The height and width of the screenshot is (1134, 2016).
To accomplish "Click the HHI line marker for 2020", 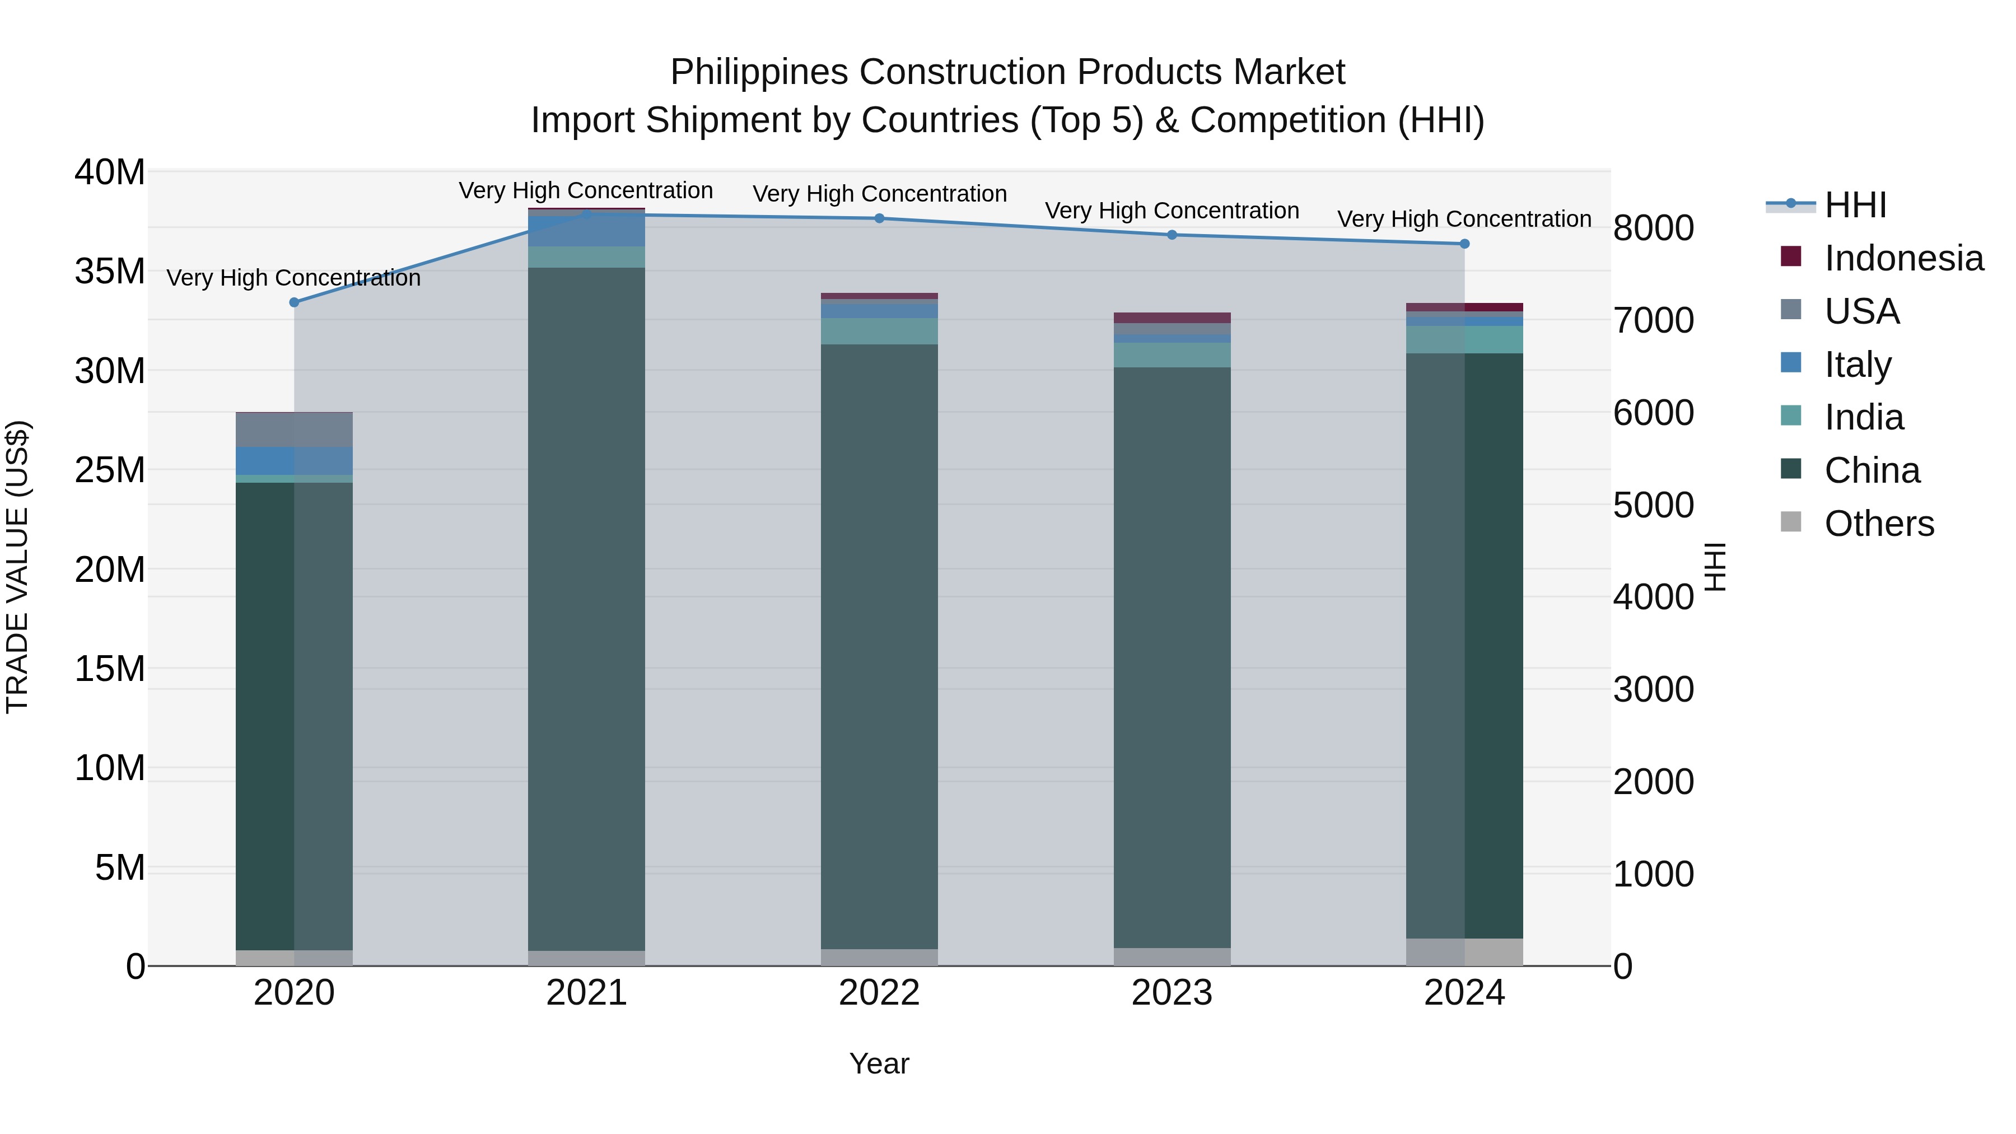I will [x=294, y=302].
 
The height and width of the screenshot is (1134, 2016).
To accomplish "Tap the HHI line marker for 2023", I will [x=1172, y=235].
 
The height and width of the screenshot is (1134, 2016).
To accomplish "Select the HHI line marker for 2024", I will [x=1464, y=244].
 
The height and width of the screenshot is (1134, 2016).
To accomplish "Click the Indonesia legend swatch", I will [x=1791, y=256].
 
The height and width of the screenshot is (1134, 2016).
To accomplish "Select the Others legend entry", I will [x=1878, y=524].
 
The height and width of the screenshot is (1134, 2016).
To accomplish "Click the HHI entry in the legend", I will [x=1855, y=205].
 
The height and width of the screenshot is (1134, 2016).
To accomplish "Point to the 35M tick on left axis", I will [x=110, y=272].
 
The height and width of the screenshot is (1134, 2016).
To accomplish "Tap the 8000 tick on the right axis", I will [x=1653, y=228].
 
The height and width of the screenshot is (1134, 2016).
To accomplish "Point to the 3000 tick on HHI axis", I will [x=1653, y=689].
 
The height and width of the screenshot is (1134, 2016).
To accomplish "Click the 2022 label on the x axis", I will [x=879, y=993].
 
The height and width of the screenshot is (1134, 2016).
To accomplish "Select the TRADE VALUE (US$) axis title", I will [x=17, y=567].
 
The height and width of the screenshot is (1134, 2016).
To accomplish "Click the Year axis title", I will [x=879, y=1063].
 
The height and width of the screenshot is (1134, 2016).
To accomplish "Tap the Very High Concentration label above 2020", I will [x=293, y=278].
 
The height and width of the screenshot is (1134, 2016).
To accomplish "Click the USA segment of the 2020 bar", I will [x=294, y=430].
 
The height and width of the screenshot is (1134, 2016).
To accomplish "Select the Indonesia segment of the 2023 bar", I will [x=1172, y=318].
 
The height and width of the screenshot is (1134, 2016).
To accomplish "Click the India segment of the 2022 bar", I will [x=879, y=331].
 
